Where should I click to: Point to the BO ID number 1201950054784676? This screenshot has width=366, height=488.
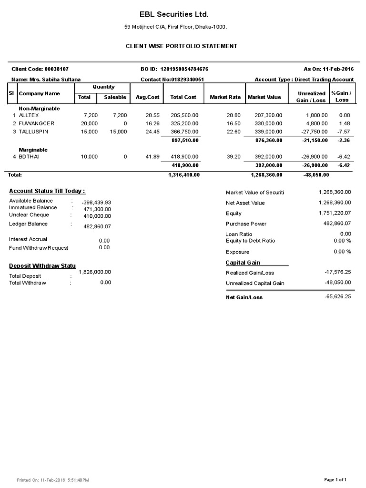(181, 70)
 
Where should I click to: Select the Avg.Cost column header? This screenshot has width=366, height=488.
(147, 97)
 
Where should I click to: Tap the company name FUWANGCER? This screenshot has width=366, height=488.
(34, 123)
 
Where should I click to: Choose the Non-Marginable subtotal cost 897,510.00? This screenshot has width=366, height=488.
(184, 141)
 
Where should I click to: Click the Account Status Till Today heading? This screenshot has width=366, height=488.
(47, 191)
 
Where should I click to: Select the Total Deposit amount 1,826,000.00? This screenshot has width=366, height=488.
(95, 272)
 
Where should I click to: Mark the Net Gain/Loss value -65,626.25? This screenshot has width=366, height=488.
(337, 296)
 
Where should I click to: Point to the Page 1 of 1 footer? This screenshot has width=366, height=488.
(335, 479)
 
